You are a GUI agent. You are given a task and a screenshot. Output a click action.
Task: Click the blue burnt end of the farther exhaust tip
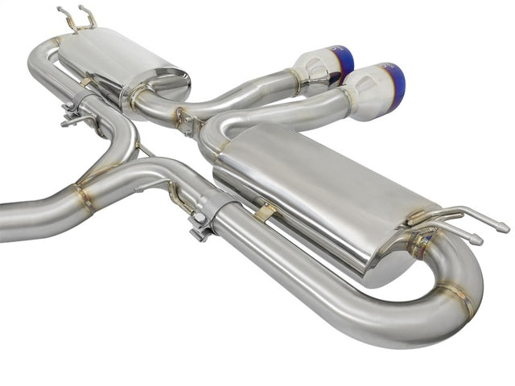coord(347,64)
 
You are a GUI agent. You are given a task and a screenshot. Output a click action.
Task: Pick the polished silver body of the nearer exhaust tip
coord(372,91)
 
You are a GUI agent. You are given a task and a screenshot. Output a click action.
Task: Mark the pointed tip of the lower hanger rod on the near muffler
coord(478,240)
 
